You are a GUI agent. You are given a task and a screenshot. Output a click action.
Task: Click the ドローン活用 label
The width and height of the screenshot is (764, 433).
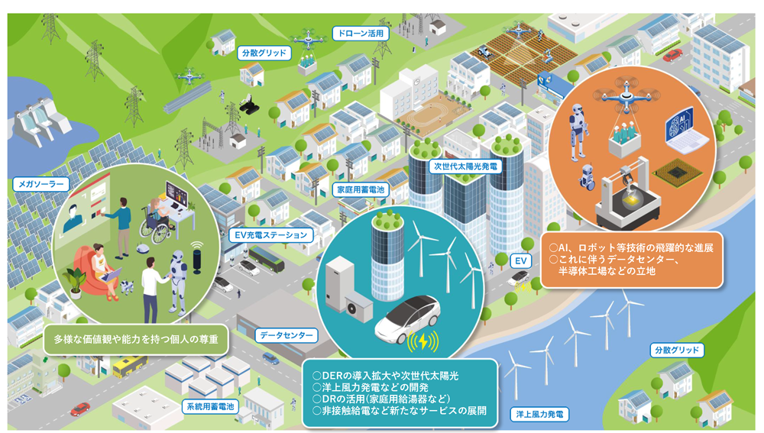tap(361, 33)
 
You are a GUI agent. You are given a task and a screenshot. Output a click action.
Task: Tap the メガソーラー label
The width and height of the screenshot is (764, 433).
tap(41, 184)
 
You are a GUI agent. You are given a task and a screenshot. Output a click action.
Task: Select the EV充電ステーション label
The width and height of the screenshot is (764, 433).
tap(271, 234)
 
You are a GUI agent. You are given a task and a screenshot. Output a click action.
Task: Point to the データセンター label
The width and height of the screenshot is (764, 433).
tap(286, 335)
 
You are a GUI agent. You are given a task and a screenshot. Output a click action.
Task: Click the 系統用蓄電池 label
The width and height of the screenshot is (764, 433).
tap(211, 406)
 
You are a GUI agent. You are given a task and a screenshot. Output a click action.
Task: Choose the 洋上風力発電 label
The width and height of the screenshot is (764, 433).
tap(539, 414)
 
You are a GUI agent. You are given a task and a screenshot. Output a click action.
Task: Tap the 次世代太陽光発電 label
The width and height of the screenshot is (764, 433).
tap(465, 166)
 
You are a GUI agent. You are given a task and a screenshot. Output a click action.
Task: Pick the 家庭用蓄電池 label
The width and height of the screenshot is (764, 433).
tap(361, 189)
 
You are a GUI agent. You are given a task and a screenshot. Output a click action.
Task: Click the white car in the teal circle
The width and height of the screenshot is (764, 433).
tap(407, 318)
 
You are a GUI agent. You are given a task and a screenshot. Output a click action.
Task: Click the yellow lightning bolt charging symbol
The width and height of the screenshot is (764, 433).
tap(423, 342)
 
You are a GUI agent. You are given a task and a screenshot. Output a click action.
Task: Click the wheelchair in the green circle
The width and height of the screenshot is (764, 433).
tap(155, 228)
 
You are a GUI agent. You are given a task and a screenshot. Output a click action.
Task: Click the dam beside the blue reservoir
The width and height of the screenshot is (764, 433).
tap(42, 122)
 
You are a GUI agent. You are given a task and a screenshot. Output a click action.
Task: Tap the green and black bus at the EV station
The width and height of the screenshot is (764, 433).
tap(266, 259)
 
